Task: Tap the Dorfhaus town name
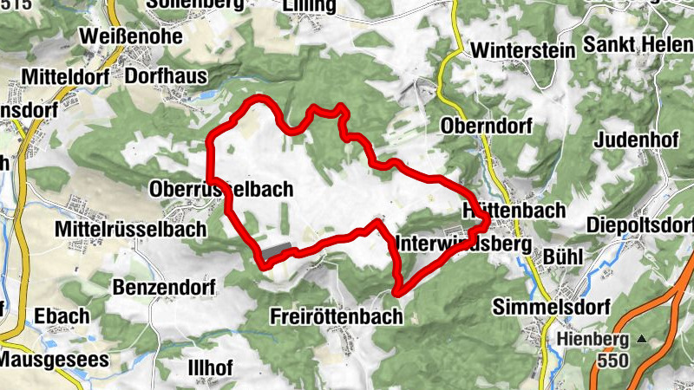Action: pos(165,75)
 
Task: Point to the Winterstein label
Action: pos(523,50)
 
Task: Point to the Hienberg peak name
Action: pos(593,338)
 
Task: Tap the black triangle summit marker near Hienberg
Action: pos(642,338)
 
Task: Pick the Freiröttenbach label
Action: pos(336,316)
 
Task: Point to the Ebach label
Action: pos(62,316)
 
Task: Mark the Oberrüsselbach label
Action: pos(222,188)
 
